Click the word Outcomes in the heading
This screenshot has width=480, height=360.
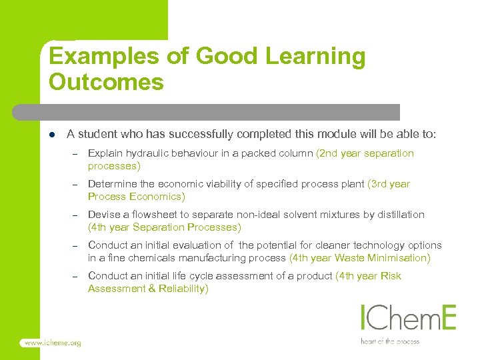106,83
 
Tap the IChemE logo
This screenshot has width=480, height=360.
408,318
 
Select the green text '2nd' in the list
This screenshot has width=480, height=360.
328,153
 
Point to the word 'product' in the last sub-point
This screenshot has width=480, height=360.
314,276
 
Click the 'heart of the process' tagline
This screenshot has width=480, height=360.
391,341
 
